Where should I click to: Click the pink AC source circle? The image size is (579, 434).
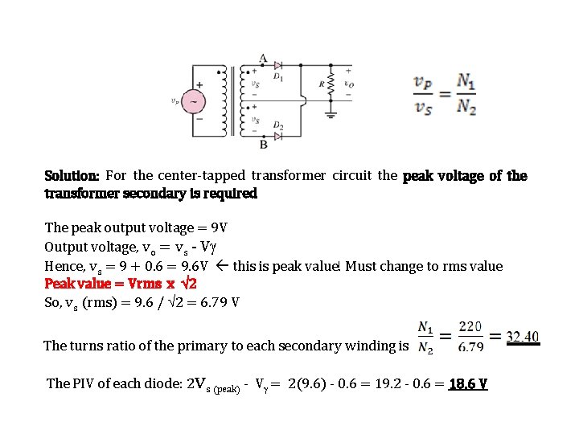(x=194, y=102)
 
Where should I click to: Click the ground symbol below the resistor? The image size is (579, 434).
(x=331, y=114)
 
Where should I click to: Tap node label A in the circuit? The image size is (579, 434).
(x=263, y=58)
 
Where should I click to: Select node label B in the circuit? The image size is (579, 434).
(x=263, y=145)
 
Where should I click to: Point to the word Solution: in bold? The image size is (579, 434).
(x=72, y=175)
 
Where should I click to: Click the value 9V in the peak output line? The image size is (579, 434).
(x=220, y=227)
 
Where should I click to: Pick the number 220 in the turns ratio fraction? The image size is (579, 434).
(x=470, y=327)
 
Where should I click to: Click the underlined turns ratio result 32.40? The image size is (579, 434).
(x=523, y=337)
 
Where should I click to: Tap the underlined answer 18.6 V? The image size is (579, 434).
(x=467, y=383)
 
